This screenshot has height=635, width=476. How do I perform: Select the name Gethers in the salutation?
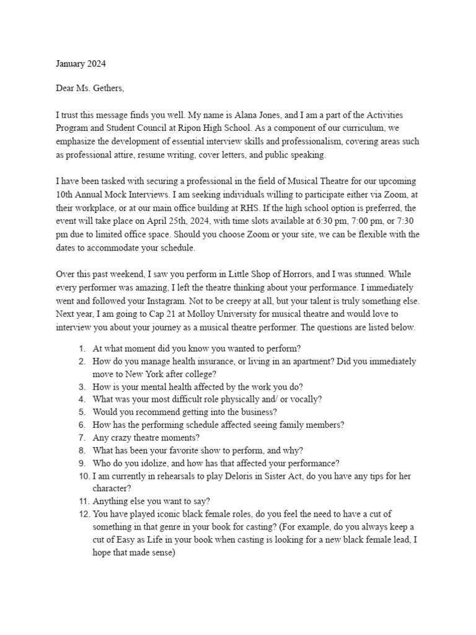(x=109, y=89)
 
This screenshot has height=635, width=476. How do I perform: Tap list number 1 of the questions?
(x=82, y=348)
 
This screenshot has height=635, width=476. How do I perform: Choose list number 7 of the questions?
(x=82, y=437)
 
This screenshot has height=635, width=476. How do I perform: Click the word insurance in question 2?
(x=211, y=360)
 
